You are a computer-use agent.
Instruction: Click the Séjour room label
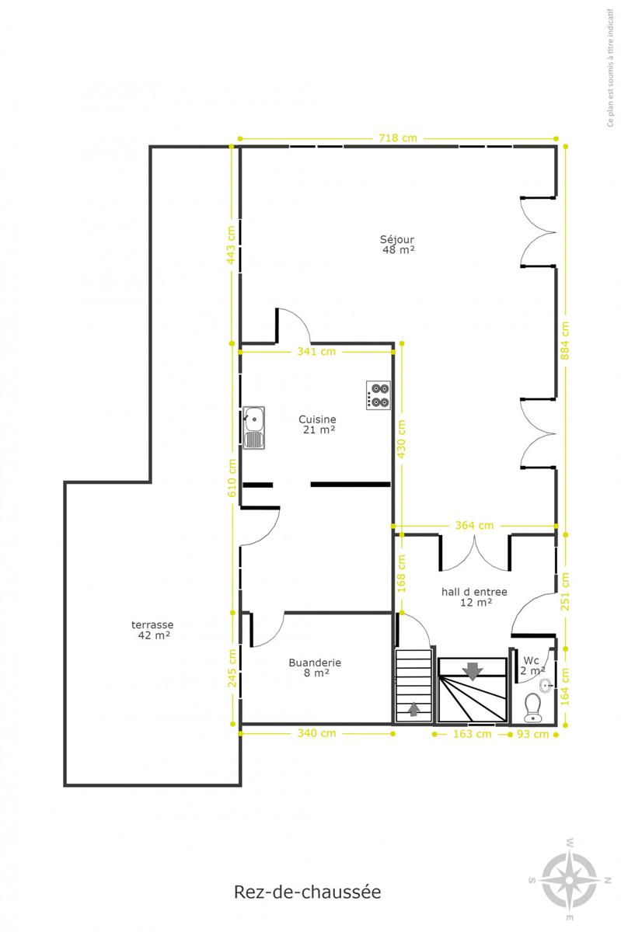coord(398,244)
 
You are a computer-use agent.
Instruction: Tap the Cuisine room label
coord(318,424)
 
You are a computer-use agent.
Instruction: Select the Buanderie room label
coord(315,667)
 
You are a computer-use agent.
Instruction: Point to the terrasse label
coord(153,630)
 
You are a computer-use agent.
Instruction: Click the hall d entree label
coord(474,596)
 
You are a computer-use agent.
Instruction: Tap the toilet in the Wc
coord(532,707)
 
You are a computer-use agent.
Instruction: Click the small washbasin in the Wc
coord(546,685)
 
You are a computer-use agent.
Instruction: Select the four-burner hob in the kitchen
coord(379,395)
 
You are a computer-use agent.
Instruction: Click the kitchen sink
coord(253,428)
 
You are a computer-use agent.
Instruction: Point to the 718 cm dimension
coord(398,137)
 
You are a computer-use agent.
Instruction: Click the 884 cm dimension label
coord(565,340)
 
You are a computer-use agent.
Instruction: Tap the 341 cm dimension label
coord(316,352)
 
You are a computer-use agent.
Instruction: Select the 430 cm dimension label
coord(402,439)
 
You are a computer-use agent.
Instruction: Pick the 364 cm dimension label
coord(474,525)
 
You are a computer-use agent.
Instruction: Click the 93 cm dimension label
coord(532,734)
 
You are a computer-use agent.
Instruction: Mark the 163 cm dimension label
coord(473,733)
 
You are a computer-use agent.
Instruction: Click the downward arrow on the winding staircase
coord(473,671)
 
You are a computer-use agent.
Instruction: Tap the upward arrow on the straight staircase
coord(413,708)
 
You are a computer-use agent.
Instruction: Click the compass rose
coord(570,880)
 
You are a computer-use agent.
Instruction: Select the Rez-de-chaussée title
coord(307,892)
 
